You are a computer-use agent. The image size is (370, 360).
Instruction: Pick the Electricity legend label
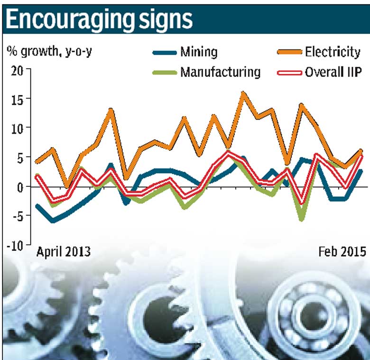[332, 52]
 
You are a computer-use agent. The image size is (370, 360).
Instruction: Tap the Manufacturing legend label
[220, 72]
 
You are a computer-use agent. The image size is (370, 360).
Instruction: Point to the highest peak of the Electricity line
[244, 93]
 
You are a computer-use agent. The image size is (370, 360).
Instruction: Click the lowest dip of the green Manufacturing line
[301, 219]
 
